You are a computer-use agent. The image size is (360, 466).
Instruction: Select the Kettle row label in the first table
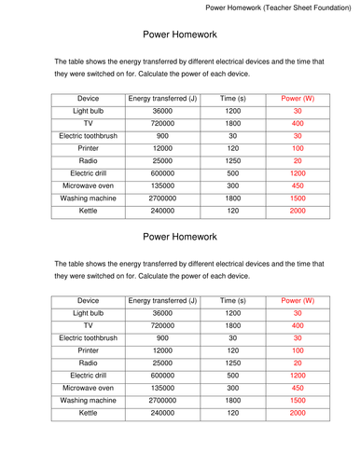(x=89, y=212)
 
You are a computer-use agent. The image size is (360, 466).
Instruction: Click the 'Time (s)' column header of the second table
(x=232, y=301)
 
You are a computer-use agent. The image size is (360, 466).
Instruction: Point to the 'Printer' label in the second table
(x=89, y=349)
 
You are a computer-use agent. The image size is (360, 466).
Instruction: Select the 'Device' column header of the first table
(x=89, y=98)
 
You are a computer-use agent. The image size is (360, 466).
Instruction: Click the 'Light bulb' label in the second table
(x=89, y=314)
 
